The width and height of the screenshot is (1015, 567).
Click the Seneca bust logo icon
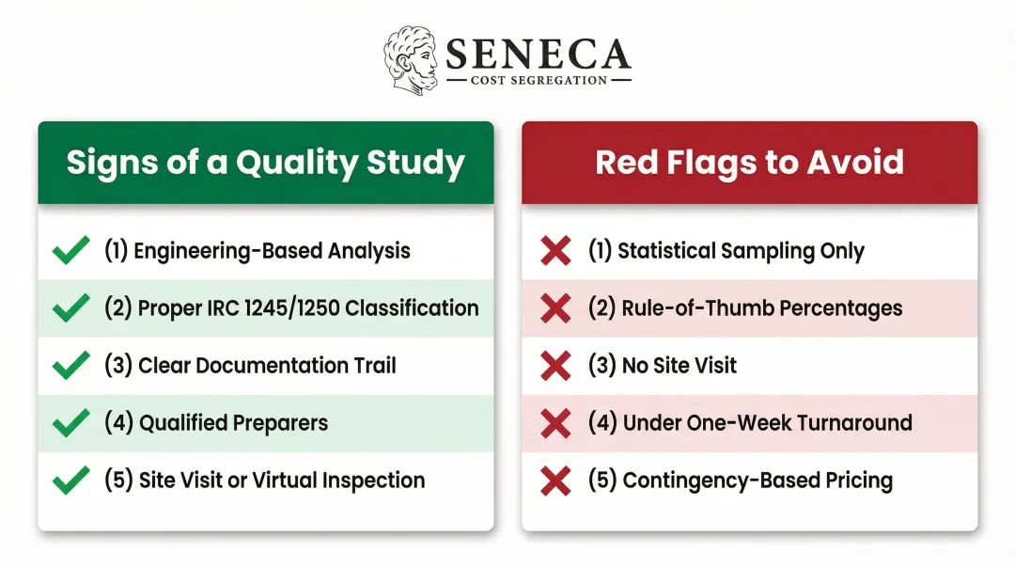coord(411,60)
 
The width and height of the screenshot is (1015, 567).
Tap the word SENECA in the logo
coord(538,55)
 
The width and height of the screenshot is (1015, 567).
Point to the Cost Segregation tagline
coord(539,81)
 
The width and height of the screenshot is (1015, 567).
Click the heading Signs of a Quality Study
coord(265,163)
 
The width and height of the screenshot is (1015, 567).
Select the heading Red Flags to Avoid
coord(749,163)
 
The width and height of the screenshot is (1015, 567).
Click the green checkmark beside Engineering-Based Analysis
coord(71,251)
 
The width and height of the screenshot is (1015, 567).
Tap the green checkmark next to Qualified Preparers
coord(71,423)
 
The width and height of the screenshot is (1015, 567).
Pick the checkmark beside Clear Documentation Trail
coord(71,366)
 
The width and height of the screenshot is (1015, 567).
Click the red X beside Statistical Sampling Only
coord(555,251)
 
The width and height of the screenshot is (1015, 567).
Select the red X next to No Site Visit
coord(555,366)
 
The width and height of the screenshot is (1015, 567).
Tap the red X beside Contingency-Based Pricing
coord(555,480)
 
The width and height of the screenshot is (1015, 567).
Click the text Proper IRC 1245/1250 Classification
coord(291,308)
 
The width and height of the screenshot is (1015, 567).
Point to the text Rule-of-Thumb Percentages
coord(744,308)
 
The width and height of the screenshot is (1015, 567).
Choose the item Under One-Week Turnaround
coord(750,423)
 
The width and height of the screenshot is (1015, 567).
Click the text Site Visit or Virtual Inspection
coord(264,480)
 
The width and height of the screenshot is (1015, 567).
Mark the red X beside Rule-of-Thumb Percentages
coord(555,308)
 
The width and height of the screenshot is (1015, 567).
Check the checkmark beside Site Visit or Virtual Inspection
coord(71,480)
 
